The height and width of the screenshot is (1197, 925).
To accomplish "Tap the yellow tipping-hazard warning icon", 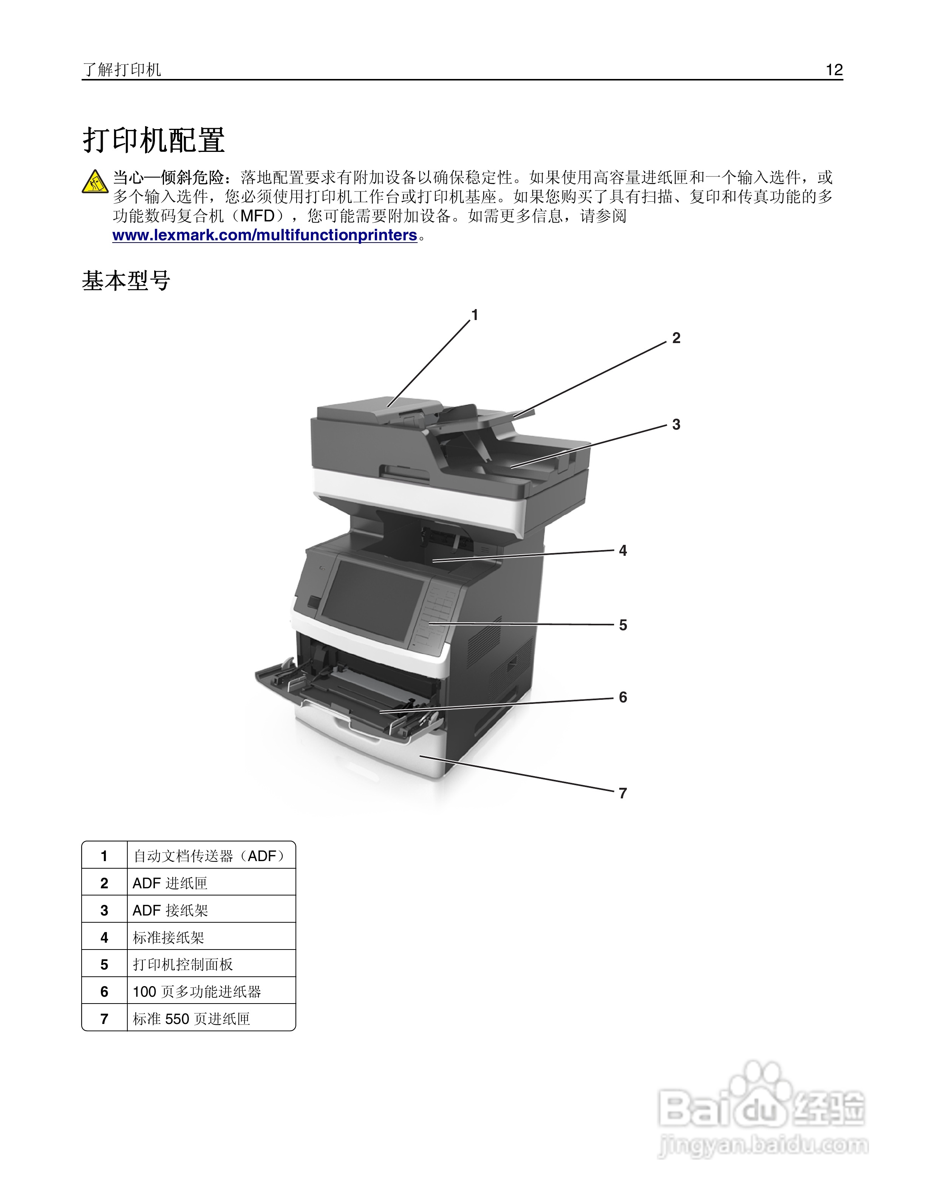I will click(95, 181).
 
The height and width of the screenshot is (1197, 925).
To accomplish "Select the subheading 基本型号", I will click(126, 281).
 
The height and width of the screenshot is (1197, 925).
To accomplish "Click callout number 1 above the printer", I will click(475, 315).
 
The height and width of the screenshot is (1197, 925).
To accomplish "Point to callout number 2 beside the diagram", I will click(676, 338).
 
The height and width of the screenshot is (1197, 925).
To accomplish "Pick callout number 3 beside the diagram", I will click(676, 425).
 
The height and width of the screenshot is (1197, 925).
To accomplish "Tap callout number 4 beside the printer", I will click(622, 551).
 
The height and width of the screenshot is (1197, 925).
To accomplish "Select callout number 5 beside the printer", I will click(622, 625).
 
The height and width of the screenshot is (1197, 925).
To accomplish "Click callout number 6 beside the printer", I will click(622, 698).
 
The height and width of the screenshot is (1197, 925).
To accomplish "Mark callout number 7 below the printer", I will click(622, 793).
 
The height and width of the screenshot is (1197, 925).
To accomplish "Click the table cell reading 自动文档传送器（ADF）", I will click(210, 856).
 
